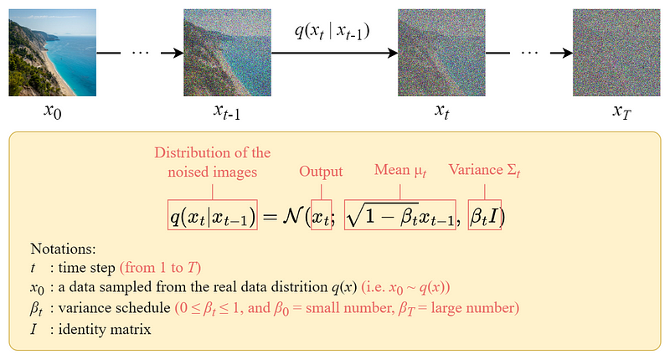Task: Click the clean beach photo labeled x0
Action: click(52, 53)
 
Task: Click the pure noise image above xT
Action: click(616, 53)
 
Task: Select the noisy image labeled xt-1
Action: click(227, 53)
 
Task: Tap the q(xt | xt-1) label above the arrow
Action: click(332, 31)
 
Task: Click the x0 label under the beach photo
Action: click(53, 111)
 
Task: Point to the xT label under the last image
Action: click(621, 111)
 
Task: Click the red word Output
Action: click(321, 172)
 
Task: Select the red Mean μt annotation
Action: click(400, 171)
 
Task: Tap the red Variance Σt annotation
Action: click(484, 171)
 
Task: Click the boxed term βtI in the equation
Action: click(485, 215)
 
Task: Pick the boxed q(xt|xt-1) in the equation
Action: click(213, 215)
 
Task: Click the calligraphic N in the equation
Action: click(292, 216)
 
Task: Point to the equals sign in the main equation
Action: click(270, 217)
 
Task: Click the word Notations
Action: click(64, 249)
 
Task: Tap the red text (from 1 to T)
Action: click(160, 268)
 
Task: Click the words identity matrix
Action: click(105, 329)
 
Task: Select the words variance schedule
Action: click(115, 307)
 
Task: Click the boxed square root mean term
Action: click(400, 215)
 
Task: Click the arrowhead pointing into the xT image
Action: click(568, 53)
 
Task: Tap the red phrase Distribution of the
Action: click(213, 152)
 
